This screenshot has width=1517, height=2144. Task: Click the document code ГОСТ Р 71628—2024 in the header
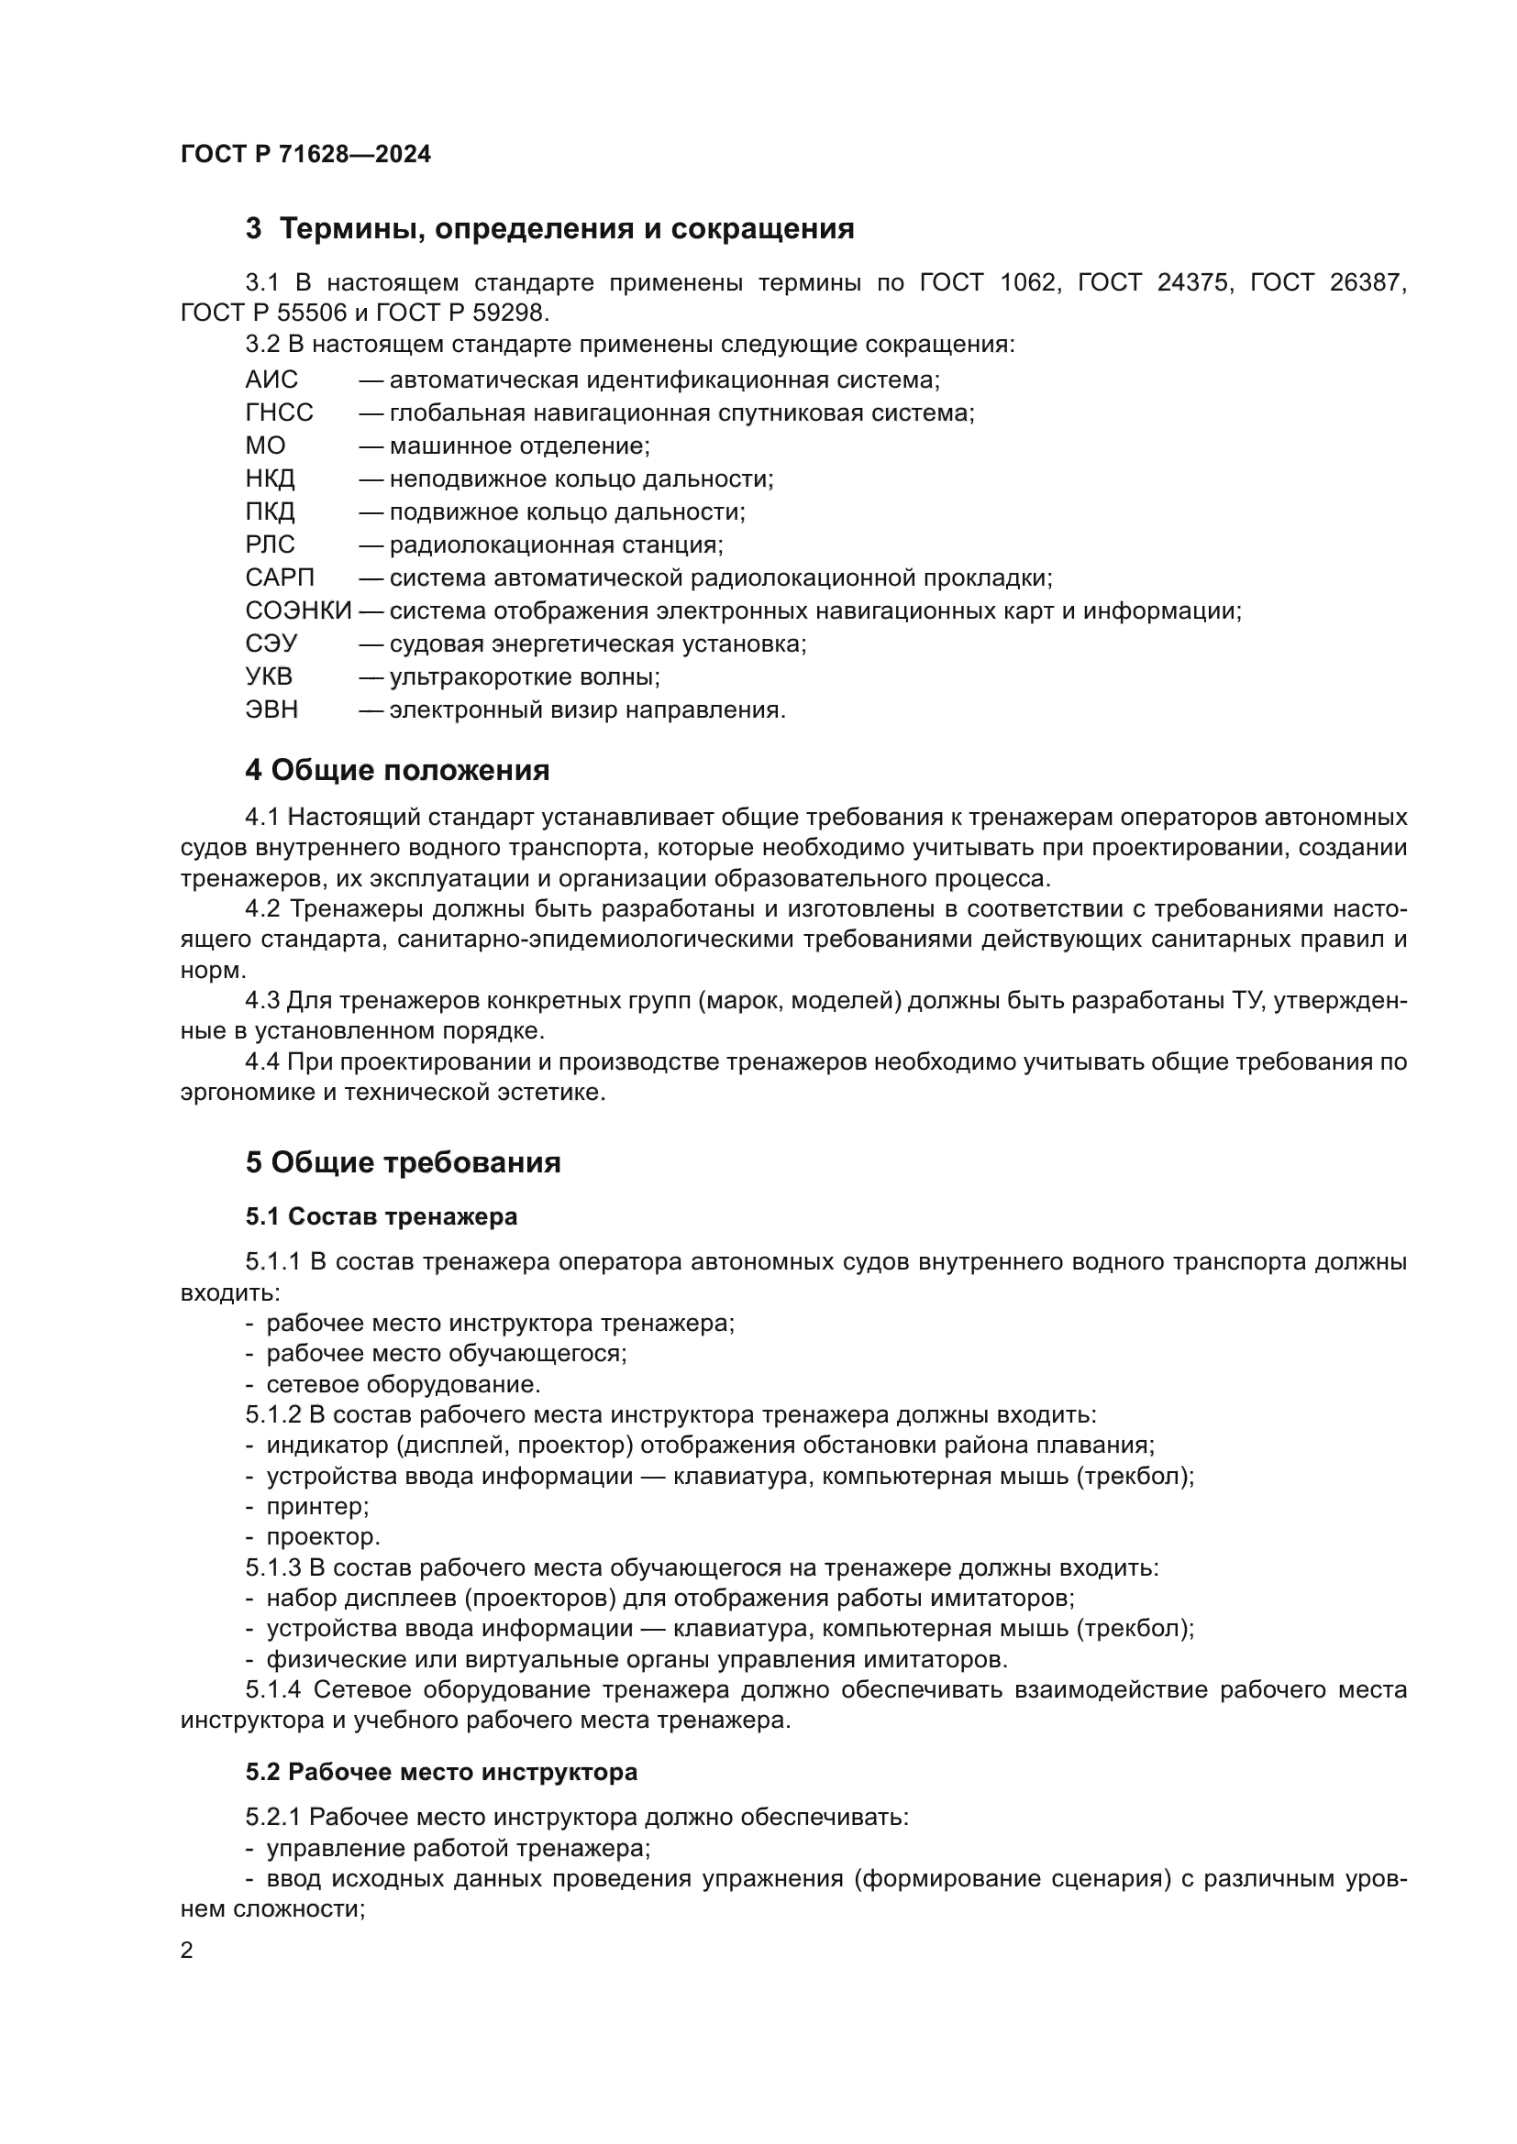pos(305,155)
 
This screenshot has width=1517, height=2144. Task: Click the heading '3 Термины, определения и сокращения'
pos(549,229)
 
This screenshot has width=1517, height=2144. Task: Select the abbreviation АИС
pos(271,380)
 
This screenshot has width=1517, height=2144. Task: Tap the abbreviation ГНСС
pos(280,412)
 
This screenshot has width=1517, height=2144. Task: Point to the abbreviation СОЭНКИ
pos(298,611)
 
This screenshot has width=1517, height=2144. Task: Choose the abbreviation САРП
pos(280,578)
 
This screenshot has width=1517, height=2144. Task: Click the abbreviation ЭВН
pos(271,710)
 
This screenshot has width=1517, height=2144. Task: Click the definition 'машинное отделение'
pos(519,446)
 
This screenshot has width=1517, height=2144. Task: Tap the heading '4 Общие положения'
pos(397,771)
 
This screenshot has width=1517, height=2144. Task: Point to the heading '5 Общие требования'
pos(403,1163)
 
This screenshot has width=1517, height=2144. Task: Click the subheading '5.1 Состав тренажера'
pos(382,1217)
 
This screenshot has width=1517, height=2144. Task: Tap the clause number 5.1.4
pos(273,1690)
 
